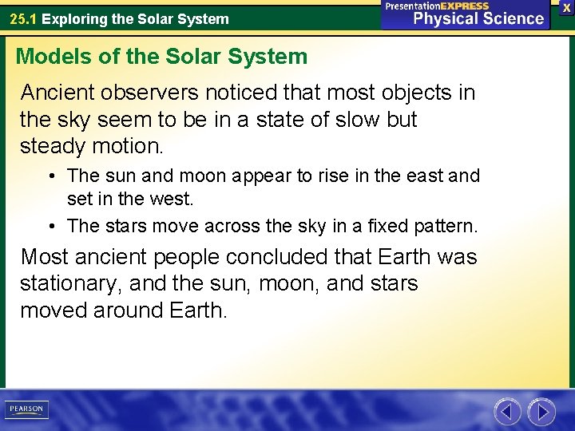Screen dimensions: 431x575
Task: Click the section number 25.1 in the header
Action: pyautogui.click(x=22, y=18)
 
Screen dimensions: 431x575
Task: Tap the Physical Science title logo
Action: pyautogui.click(x=466, y=15)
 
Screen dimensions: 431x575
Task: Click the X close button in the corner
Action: pyautogui.click(x=566, y=6)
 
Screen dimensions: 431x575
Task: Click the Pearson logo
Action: pyautogui.click(x=26, y=409)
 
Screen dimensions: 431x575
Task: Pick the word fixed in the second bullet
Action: pyautogui.click(x=384, y=227)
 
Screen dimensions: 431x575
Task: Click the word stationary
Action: pyautogui.click(x=68, y=284)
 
